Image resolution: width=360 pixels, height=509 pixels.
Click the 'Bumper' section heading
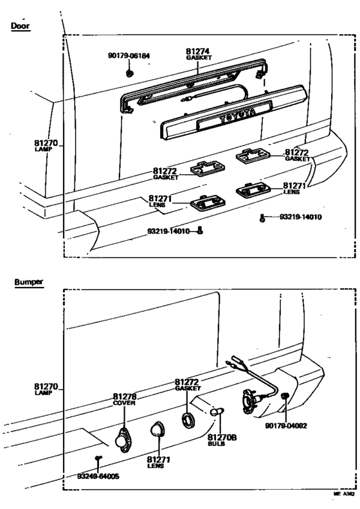(26, 282)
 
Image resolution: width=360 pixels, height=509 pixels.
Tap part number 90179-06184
(129, 56)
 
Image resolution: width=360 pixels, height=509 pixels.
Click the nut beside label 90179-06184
(130, 72)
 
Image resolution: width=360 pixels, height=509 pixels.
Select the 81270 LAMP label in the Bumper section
(46, 389)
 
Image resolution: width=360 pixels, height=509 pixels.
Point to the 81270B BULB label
(223, 439)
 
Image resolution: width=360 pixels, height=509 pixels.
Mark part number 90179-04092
(285, 425)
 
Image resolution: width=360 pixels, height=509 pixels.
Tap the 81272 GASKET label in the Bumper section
(188, 385)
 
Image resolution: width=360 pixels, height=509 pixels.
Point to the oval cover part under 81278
(122, 440)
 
